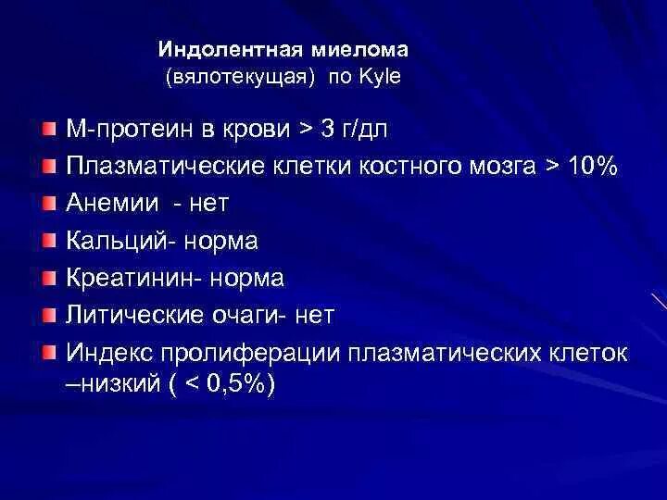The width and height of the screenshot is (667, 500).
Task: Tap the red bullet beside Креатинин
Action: pos(49,277)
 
